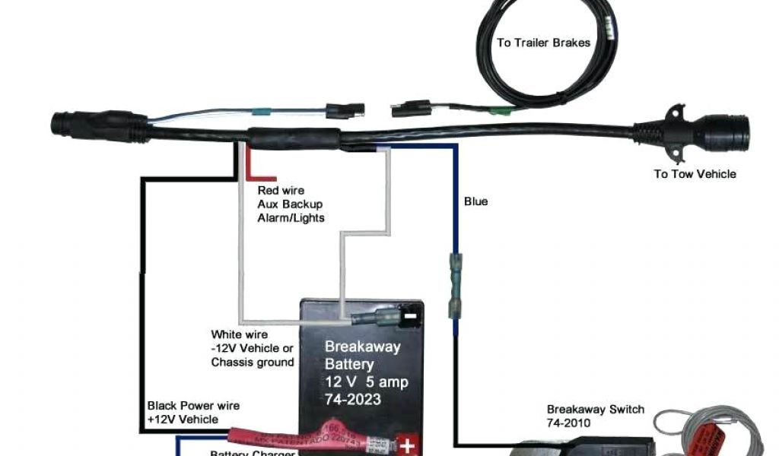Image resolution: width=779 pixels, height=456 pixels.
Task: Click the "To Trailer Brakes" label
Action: coord(543,43)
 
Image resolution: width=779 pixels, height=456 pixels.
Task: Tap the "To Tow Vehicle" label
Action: coord(695,174)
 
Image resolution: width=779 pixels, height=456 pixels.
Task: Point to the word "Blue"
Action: coord(476,201)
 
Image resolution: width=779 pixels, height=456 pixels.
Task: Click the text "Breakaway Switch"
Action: coord(595,409)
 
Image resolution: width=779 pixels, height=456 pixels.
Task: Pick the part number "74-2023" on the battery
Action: coord(353,399)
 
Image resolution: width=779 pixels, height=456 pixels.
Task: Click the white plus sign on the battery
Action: coord(408,444)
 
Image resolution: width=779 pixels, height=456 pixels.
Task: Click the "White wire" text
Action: coord(239,334)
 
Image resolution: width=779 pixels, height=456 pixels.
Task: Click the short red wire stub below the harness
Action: coord(251,161)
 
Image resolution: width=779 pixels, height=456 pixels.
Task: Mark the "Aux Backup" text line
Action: coord(290,204)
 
